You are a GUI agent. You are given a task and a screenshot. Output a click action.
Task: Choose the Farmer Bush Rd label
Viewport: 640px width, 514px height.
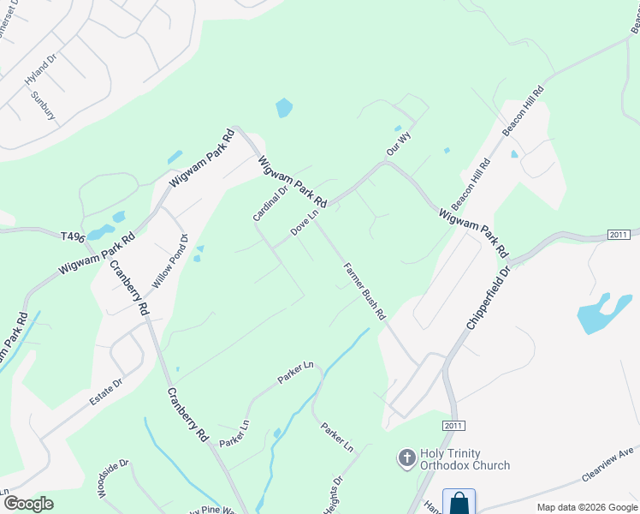point(365,291)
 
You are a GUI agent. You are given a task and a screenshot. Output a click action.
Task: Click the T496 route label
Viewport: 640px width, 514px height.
point(74,236)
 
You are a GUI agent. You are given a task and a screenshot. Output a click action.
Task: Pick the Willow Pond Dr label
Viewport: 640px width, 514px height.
point(169,260)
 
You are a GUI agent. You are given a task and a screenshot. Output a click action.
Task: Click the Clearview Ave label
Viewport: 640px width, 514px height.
point(607,463)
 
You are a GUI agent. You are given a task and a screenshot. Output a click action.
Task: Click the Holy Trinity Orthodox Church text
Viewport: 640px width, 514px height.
point(465,459)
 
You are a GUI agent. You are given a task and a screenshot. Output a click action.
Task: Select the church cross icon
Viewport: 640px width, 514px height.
point(407,459)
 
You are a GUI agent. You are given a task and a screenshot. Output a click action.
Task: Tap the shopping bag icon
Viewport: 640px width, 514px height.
point(459,502)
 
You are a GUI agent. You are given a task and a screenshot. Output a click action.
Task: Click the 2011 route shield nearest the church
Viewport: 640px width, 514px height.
point(454,426)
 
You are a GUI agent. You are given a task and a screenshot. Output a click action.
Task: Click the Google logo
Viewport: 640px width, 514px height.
point(28,503)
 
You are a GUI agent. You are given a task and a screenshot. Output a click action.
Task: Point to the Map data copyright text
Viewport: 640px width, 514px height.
point(587,507)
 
